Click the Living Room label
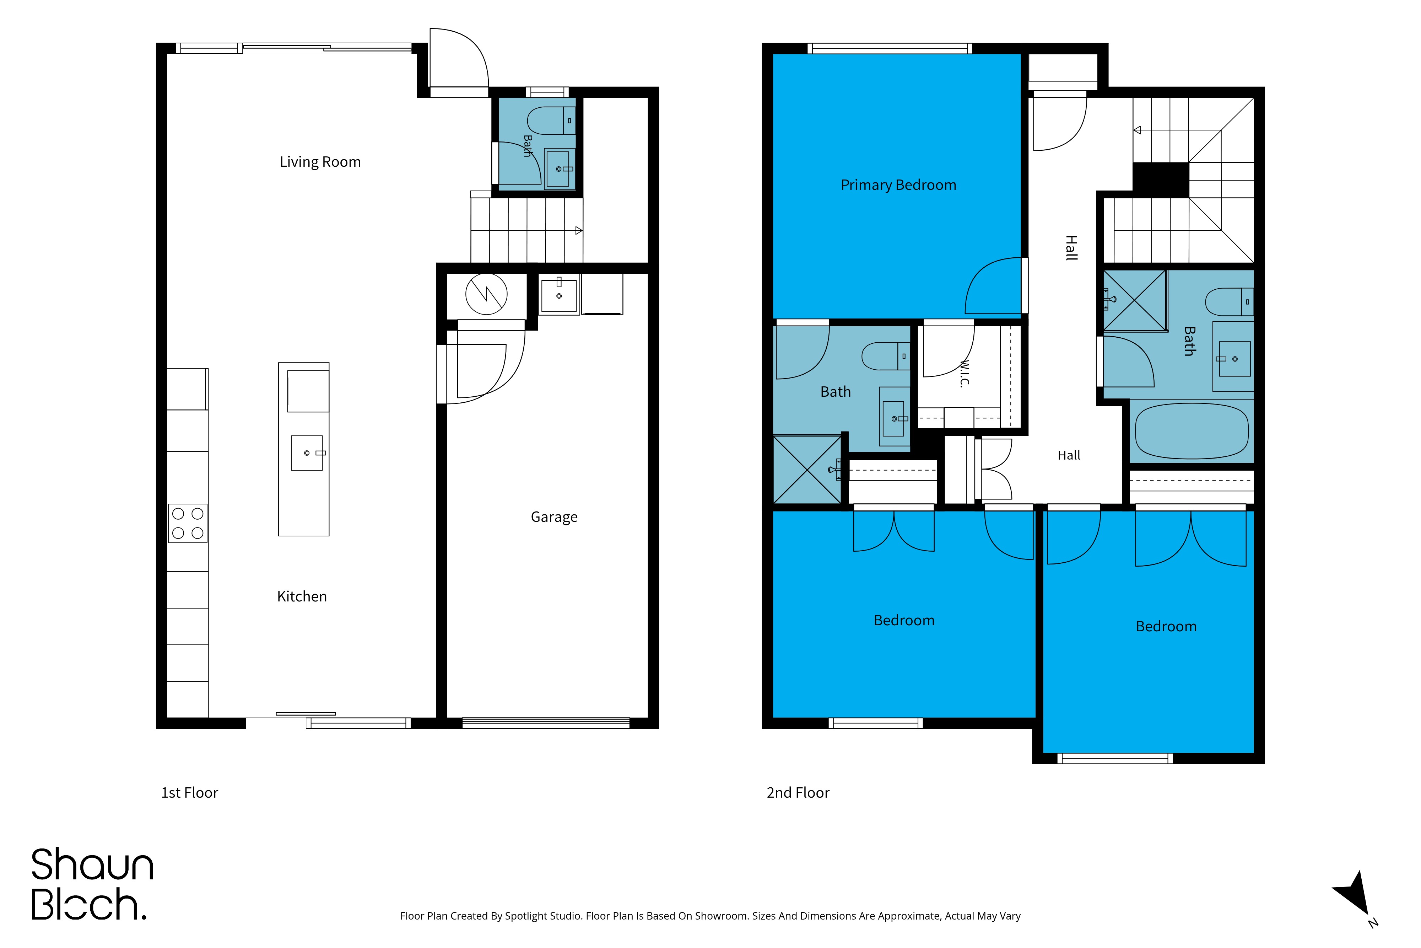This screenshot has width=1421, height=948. pos(320,162)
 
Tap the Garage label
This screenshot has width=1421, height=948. pos(554,517)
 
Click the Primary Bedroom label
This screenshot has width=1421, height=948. pos(898,185)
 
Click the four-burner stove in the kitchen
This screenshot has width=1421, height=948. pos(187,523)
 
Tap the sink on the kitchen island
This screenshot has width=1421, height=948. pos(307,453)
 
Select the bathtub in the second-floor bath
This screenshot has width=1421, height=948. pos(1192,430)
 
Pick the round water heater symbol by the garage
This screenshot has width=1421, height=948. pos(486,294)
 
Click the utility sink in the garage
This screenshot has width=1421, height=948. pos(559,294)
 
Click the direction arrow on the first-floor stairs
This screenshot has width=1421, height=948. pos(579,230)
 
